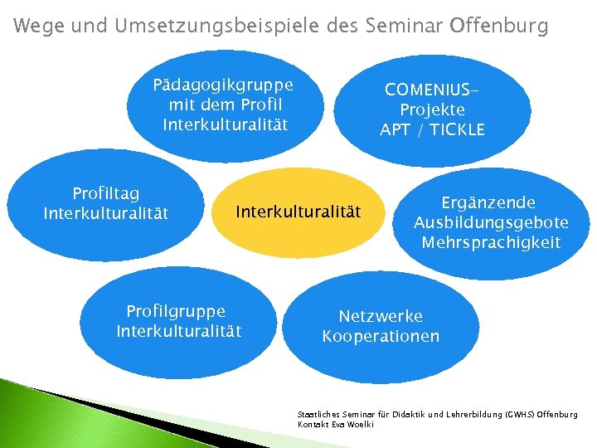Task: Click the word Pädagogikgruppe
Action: [x=223, y=85]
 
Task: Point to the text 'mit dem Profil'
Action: [x=225, y=105]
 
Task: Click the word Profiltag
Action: [x=105, y=194]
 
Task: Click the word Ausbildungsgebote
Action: [x=491, y=222]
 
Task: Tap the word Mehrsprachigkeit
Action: [x=491, y=242]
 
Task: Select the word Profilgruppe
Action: [x=176, y=311]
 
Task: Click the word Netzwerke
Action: [x=381, y=316]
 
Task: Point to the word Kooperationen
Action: [x=381, y=336]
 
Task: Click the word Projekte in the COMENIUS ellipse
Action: [x=432, y=110]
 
